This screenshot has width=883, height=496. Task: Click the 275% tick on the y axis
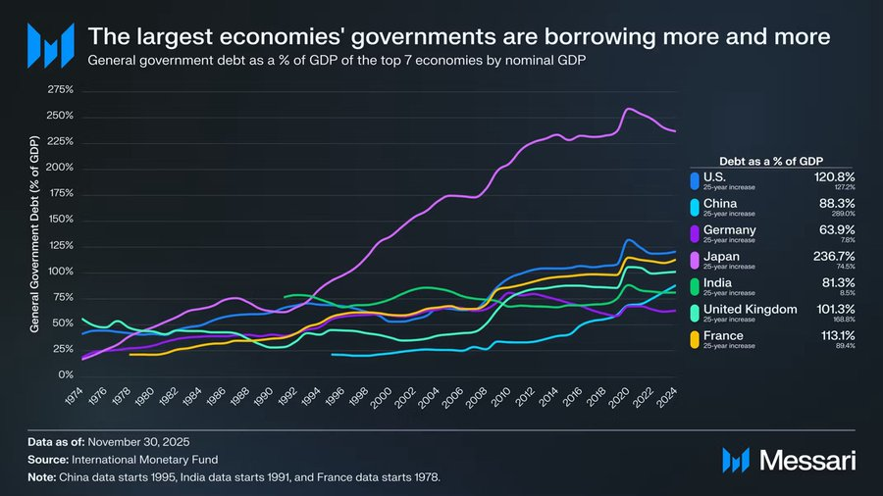(60, 90)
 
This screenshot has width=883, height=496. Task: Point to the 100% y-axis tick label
(60, 272)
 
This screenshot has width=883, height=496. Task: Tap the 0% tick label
(65, 375)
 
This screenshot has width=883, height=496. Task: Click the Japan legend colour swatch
(695, 261)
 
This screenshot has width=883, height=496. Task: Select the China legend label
(720, 203)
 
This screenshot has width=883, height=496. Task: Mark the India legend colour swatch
(695, 287)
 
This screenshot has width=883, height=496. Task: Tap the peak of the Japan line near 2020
(629, 109)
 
